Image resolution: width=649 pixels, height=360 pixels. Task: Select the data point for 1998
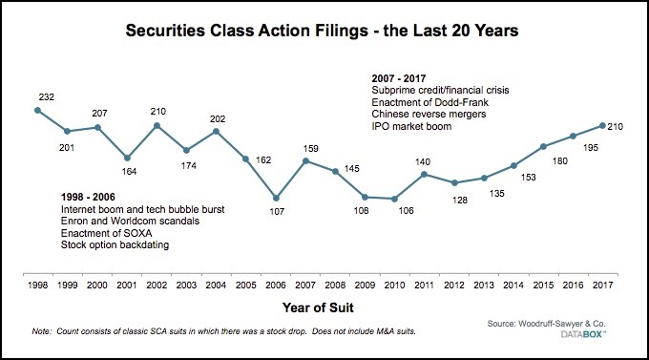(37, 111)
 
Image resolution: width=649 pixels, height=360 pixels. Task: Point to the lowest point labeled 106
(394, 199)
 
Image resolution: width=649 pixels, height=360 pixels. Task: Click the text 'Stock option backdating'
(111, 244)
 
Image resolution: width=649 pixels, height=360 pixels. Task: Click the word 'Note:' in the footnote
(39, 330)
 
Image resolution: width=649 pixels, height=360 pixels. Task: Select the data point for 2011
(424, 175)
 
